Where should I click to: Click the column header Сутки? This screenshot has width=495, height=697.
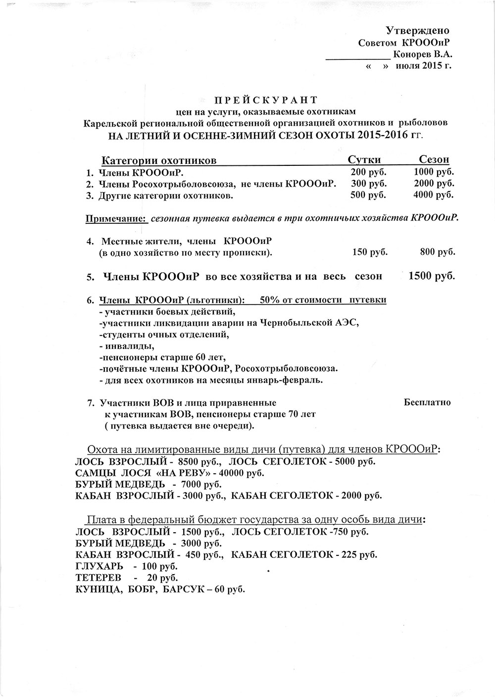[364, 159]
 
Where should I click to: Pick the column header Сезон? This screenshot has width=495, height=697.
[434, 159]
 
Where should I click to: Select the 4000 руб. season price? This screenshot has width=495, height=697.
[434, 195]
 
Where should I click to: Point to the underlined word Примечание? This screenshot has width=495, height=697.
[117, 218]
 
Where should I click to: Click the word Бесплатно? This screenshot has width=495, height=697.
[427, 402]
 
